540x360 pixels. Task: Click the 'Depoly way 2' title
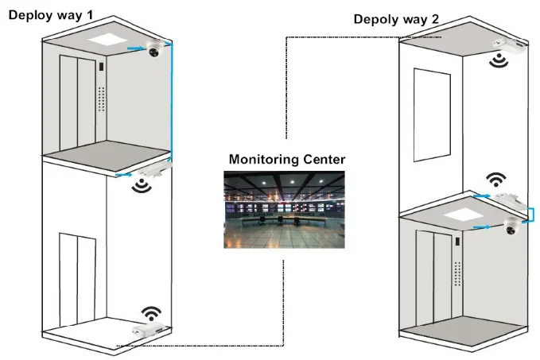pyautogui.click(x=395, y=19)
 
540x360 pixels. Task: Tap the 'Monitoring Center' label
pyautogui.click(x=287, y=160)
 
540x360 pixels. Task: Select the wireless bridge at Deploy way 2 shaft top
pyautogui.click(x=507, y=45)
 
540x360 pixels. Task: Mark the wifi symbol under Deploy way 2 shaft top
pyautogui.click(x=499, y=60)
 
